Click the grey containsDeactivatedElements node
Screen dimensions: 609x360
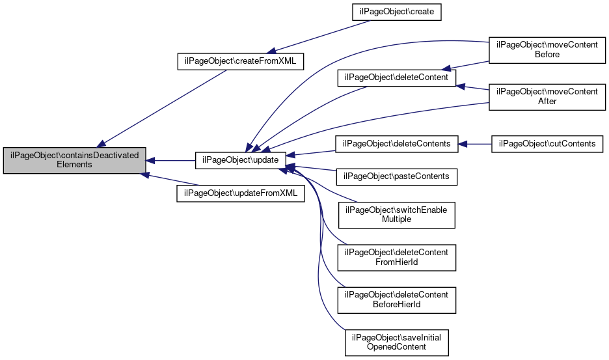(74, 160)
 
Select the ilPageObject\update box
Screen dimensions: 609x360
(241, 160)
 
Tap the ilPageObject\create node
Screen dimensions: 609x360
(396, 12)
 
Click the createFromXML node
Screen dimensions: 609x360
(241, 61)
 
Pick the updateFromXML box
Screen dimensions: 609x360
(241, 193)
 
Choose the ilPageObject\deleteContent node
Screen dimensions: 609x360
(396, 77)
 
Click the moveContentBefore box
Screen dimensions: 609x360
(547, 50)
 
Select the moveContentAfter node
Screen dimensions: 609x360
(547, 97)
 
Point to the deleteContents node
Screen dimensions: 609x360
(396, 144)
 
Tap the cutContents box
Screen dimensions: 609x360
(547, 144)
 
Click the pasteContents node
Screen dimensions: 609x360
(396, 177)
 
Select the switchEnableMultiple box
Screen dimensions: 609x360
(396, 215)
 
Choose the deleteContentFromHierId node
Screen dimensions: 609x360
(396, 258)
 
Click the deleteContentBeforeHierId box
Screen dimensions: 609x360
(396, 300)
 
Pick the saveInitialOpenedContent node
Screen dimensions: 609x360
(396, 343)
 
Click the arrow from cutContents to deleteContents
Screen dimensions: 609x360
(474, 145)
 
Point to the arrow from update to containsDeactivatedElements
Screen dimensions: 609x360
(170, 160)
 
